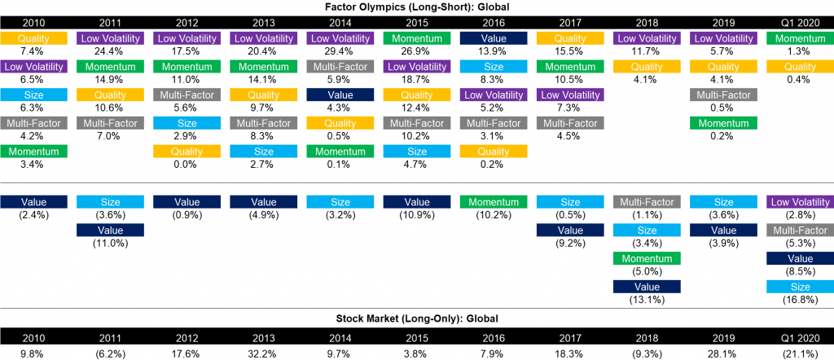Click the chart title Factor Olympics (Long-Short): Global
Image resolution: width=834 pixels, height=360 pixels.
[416, 7]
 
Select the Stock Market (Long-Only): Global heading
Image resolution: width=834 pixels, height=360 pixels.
[416, 318]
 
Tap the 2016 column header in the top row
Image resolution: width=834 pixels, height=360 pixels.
[493, 23]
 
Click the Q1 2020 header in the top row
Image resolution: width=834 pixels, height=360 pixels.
[800, 23]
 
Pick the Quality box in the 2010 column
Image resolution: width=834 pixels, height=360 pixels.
[33, 38]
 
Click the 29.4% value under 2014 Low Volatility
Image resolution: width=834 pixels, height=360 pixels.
[340, 51]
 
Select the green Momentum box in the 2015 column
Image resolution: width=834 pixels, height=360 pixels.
[416, 38]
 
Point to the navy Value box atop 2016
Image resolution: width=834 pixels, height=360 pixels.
[493, 38]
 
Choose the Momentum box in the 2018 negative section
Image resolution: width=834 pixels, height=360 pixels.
[646, 258]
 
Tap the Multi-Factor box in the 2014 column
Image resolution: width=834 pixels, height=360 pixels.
[340, 67]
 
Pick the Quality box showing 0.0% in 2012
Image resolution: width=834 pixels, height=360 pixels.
[187, 151]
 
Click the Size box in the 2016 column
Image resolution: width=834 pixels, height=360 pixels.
[493, 67]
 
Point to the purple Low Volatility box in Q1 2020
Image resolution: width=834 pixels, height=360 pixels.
[800, 202]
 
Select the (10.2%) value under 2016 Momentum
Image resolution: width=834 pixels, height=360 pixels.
[493, 215]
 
